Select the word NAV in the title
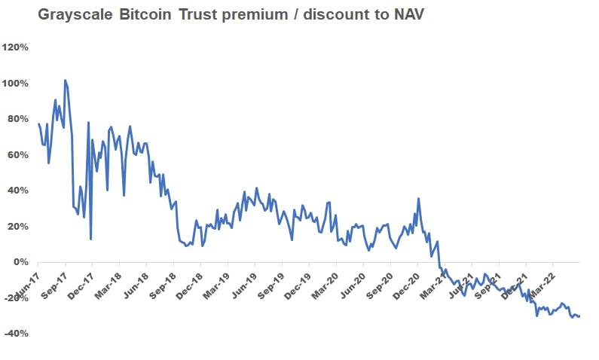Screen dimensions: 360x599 click(x=409, y=15)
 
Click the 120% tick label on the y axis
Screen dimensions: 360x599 click(x=16, y=47)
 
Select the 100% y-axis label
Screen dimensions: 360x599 click(x=16, y=83)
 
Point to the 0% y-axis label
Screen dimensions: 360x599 click(x=21, y=262)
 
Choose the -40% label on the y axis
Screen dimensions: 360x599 click(x=17, y=334)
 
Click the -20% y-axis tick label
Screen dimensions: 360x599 click(x=17, y=297)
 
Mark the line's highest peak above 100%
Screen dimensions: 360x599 click(x=66, y=80)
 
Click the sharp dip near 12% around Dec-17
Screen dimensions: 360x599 click(x=90, y=239)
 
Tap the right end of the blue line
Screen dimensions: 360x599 click(x=579, y=316)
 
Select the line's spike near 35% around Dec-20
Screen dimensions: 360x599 click(x=418, y=199)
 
